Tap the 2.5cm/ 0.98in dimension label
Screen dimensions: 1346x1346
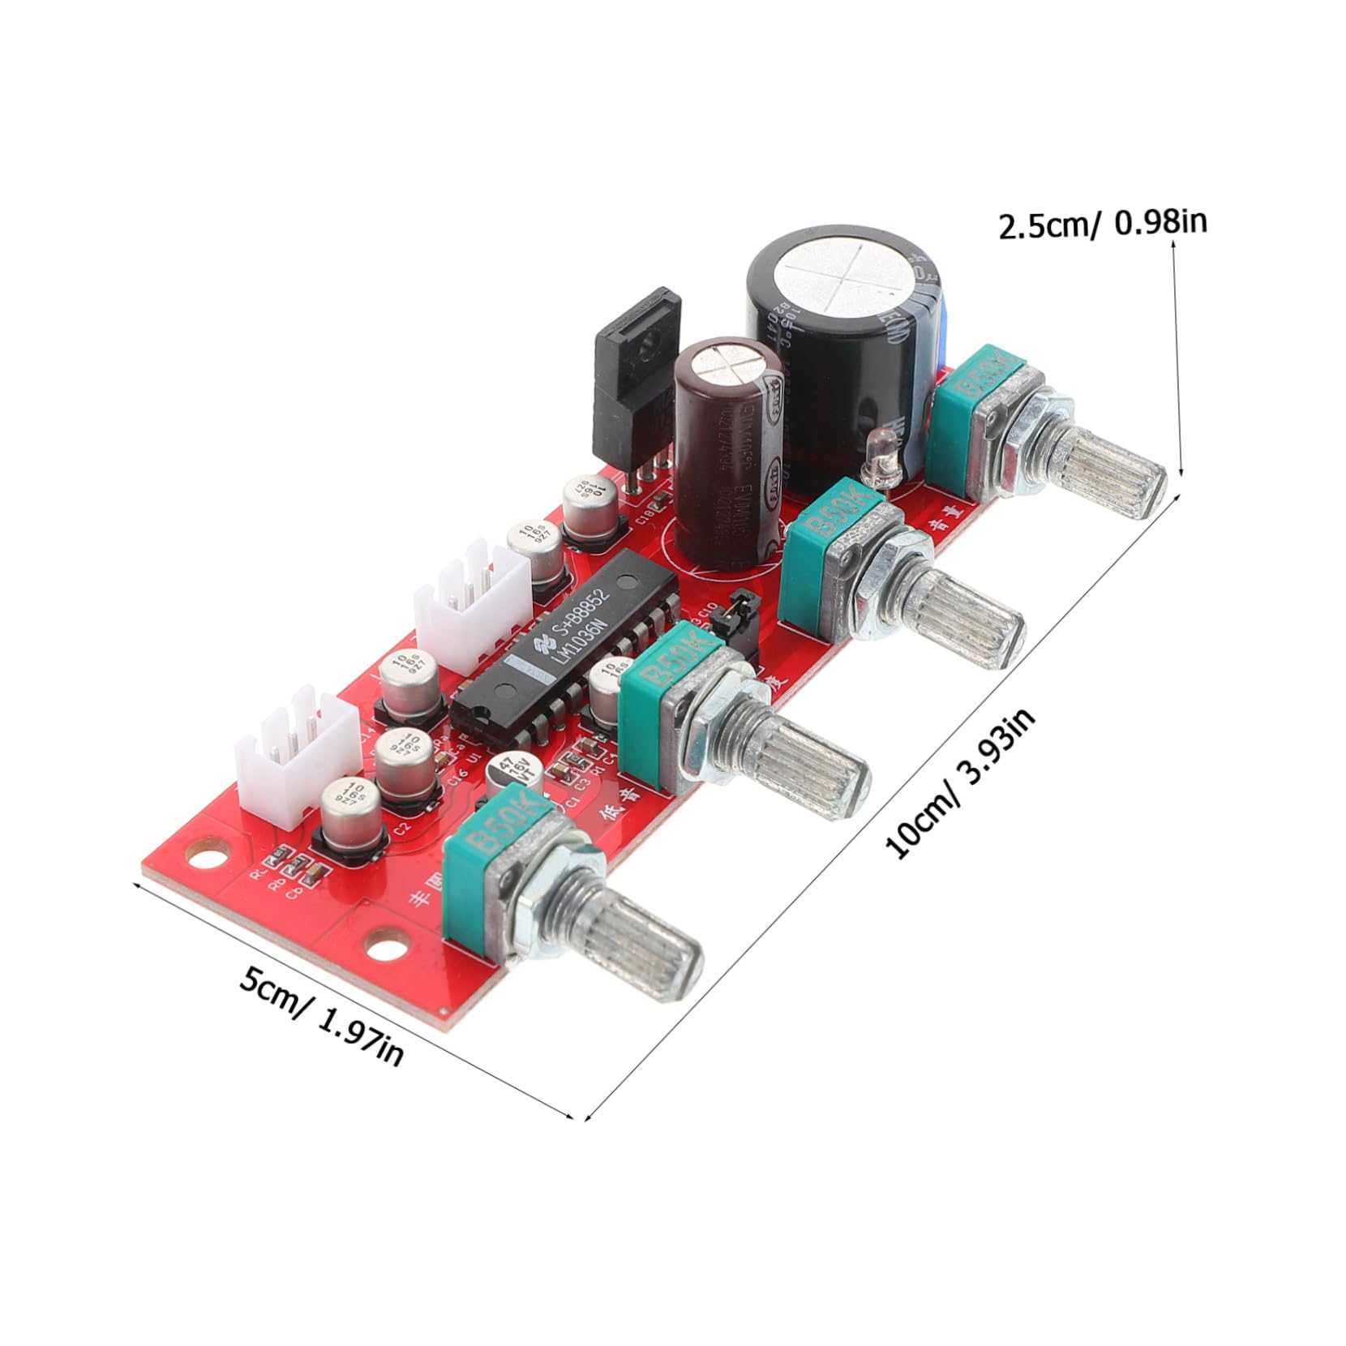[x=1102, y=224]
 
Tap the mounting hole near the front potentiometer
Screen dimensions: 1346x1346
[x=386, y=945]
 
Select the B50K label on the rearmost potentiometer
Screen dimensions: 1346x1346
[x=984, y=380]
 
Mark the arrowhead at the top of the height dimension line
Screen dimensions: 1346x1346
[x=1173, y=245]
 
